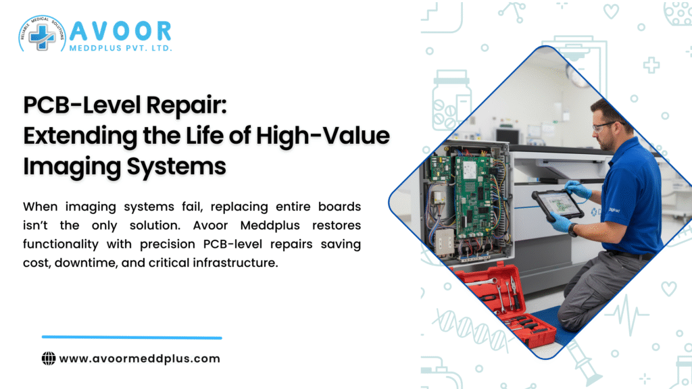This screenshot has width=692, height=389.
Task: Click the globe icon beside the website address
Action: click(x=49, y=359)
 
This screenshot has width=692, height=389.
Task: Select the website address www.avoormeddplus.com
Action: click(x=139, y=359)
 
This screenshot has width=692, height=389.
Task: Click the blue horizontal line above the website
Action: click(x=132, y=337)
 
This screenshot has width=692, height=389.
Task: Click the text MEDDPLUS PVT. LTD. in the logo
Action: click(x=120, y=49)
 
